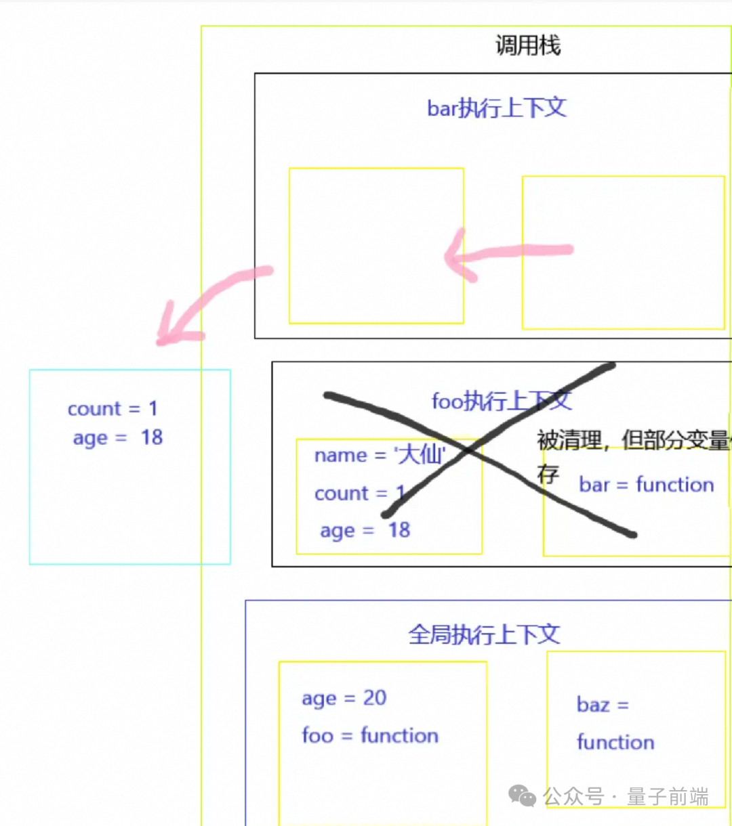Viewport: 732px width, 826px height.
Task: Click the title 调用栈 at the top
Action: pos(528,46)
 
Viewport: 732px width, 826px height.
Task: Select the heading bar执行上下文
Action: pos(496,108)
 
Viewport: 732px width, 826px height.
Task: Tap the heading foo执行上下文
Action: pos(502,401)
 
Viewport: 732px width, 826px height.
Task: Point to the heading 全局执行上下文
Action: pos(484,634)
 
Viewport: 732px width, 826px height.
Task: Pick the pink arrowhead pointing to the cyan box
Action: pos(172,329)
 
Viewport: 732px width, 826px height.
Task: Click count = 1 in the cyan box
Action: pos(113,409)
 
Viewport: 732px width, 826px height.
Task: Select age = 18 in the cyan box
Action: pos(118,438)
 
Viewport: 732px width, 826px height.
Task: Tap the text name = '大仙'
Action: pos(380,455)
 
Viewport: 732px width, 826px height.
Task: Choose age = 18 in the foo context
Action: pos(365,530)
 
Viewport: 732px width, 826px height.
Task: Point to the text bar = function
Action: pos(647,485)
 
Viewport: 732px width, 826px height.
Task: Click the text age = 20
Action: pos(344,698)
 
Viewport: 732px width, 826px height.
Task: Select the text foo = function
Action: pos(370,735)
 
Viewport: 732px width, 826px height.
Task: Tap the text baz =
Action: pos(603,705)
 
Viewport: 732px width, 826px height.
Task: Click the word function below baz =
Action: pos(615,742)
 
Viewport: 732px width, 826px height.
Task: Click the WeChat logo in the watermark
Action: pos(522,796)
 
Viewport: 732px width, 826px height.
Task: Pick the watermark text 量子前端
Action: pos(668,797)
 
